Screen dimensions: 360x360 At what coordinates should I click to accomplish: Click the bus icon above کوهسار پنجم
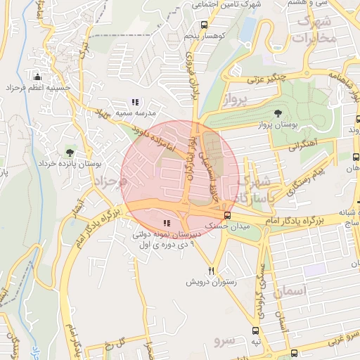click(204, 25)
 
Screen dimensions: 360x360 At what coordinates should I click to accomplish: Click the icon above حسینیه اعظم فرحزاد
click(37, 77)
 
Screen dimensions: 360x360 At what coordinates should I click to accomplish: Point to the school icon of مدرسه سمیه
click(135, 102)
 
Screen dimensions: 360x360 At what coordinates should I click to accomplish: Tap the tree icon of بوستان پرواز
click(278, 112)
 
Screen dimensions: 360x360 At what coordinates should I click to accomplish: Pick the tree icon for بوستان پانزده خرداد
click(69, 152)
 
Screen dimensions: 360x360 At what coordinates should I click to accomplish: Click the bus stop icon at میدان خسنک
click(226, 215)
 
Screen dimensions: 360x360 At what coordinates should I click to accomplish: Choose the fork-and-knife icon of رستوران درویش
click(211, 270)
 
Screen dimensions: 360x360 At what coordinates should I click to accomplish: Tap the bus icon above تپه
click(257, 330)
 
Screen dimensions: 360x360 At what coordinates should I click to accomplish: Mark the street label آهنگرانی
click(303, 146)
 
